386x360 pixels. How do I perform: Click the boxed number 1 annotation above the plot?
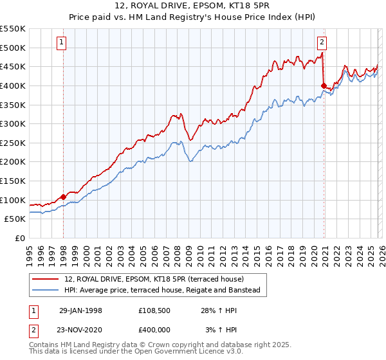tap(62, 43)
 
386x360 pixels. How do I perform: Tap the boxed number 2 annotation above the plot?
tap(322, 43)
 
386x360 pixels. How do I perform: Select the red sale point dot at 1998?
tap(64, 197)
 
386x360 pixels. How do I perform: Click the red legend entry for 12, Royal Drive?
tap(154, 280)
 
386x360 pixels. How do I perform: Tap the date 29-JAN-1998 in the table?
tap(80, 310)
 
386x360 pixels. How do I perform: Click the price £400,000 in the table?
tap(155, 328)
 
